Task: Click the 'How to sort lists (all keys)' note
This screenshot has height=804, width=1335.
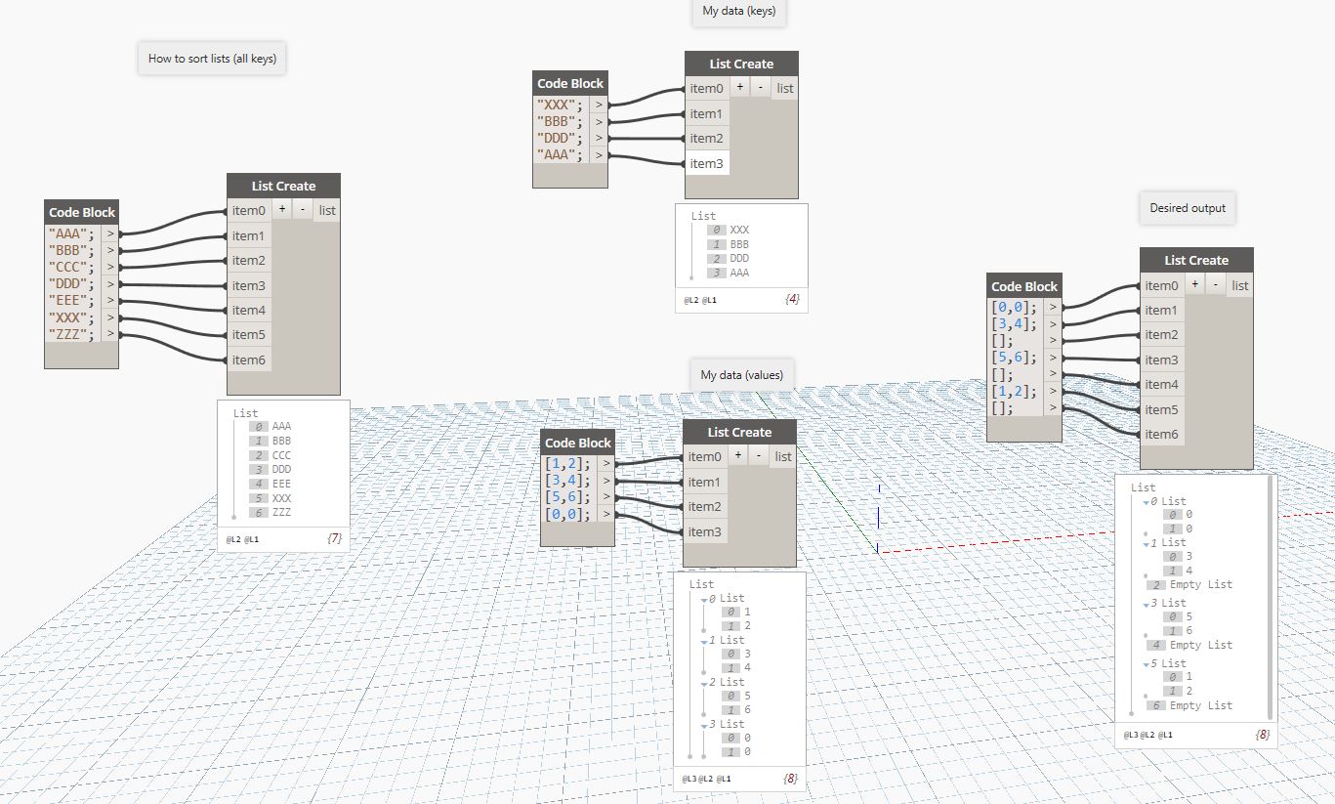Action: pos(212,59)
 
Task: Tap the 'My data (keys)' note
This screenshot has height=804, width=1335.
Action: pos(739,12)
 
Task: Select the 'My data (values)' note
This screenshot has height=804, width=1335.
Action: pos(741,375)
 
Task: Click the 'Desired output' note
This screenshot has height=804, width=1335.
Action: pos(1188,208)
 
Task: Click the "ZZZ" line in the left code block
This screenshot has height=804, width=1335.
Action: pos(71,334)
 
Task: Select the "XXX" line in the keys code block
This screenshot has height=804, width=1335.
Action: pos(561,105)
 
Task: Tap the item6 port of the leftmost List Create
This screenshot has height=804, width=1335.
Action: pos(248,360)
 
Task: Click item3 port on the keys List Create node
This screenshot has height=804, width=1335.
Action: pos(706,163)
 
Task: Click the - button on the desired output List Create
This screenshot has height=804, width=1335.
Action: pos(1215,285)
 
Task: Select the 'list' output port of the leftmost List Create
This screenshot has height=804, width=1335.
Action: pos(327,210)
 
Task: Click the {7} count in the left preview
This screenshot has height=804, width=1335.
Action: pos(334,538)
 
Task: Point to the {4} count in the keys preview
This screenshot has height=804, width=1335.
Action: pos(792,299)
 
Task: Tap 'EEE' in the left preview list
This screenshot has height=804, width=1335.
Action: pos(281,484)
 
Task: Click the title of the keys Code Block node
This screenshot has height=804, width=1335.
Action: pos(570,84)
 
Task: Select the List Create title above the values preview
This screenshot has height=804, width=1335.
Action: pos(739,432)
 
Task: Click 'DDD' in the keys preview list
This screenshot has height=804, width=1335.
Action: pos(739,258)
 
